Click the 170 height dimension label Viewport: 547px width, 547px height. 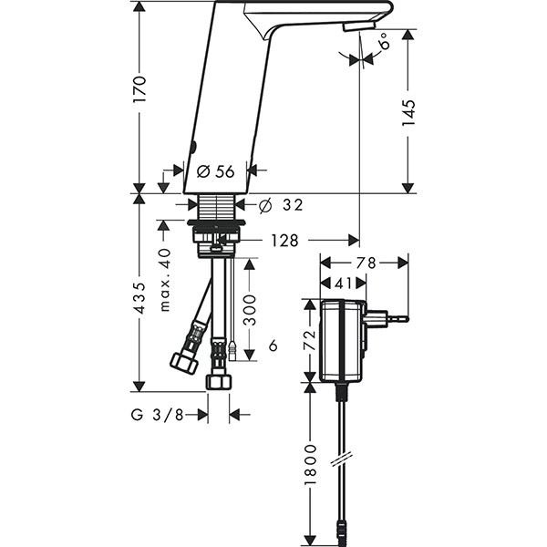(139, 89)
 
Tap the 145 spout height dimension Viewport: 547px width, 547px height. (408, 113)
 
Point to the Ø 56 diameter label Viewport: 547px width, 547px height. (215, 171)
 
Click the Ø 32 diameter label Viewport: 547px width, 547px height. (281, 205)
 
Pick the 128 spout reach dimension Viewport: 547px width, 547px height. (285, 241)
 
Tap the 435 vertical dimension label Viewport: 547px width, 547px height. (139, 297)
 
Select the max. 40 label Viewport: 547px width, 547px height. (165, 280)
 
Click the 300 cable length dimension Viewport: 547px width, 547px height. (249, 310)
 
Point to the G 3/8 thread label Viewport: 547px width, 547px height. (158, 415)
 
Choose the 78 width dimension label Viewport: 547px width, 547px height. (366, 263)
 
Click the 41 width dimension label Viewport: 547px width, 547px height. (343, 284)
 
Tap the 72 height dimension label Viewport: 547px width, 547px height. (309, 340)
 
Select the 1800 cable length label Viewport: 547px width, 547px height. (310, 464)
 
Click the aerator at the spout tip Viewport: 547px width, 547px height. (359, 26)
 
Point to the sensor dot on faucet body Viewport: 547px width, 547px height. (194, 146)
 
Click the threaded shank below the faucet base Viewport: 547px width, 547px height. (217, 207)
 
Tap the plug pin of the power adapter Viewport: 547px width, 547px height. (397, 318)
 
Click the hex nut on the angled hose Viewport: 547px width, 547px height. (184, 363)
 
